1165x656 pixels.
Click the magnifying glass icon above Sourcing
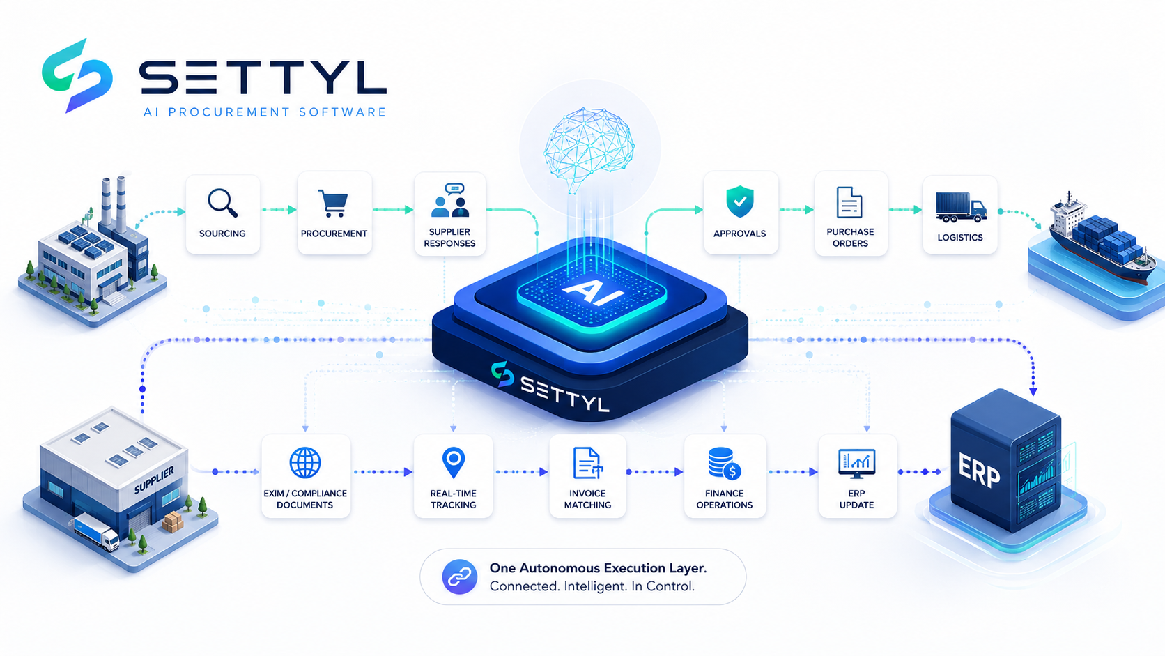pos(222,203)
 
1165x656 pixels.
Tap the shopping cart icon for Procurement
pos(333,204)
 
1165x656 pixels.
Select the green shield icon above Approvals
pos(739,201)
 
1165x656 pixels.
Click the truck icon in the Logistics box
pos(961,208)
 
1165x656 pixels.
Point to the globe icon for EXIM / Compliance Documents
pos(304,462)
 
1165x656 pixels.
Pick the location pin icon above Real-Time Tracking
pos(453,462)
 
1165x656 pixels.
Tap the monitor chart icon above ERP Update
pos(856,463)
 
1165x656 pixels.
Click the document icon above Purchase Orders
pos(849,202)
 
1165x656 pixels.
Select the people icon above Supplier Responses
pos(450,200)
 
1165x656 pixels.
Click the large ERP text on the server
pos(979,470)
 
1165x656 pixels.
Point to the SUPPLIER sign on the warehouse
pos(154,480)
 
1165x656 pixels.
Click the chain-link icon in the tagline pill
pos(460,577)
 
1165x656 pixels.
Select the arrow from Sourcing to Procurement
pos(279,210)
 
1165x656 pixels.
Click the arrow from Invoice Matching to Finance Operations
pos(655,472)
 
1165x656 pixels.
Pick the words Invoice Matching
pos(587,499)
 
